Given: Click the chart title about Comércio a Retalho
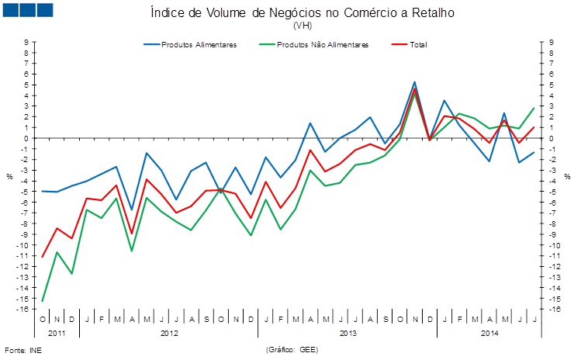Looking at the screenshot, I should point(300,13).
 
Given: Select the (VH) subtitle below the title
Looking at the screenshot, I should point(300,26).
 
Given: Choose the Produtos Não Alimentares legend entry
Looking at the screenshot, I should point(323,44).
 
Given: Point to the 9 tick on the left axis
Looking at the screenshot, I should point(26,43).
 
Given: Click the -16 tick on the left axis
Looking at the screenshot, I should point(23,310).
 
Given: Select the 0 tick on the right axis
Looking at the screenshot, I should point(550,139).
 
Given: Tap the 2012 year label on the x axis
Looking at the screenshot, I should point(168,333).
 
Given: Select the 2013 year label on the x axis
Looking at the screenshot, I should point(347,333).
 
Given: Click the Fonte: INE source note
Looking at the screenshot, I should point(22,350).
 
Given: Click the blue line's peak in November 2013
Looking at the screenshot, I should point(414,81).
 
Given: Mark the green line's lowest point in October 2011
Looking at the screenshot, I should point(43,301).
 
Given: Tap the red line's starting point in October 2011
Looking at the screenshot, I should point(43,257).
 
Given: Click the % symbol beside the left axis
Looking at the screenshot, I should point(9,176).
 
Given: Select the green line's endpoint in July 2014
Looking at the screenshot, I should point(534,109).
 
